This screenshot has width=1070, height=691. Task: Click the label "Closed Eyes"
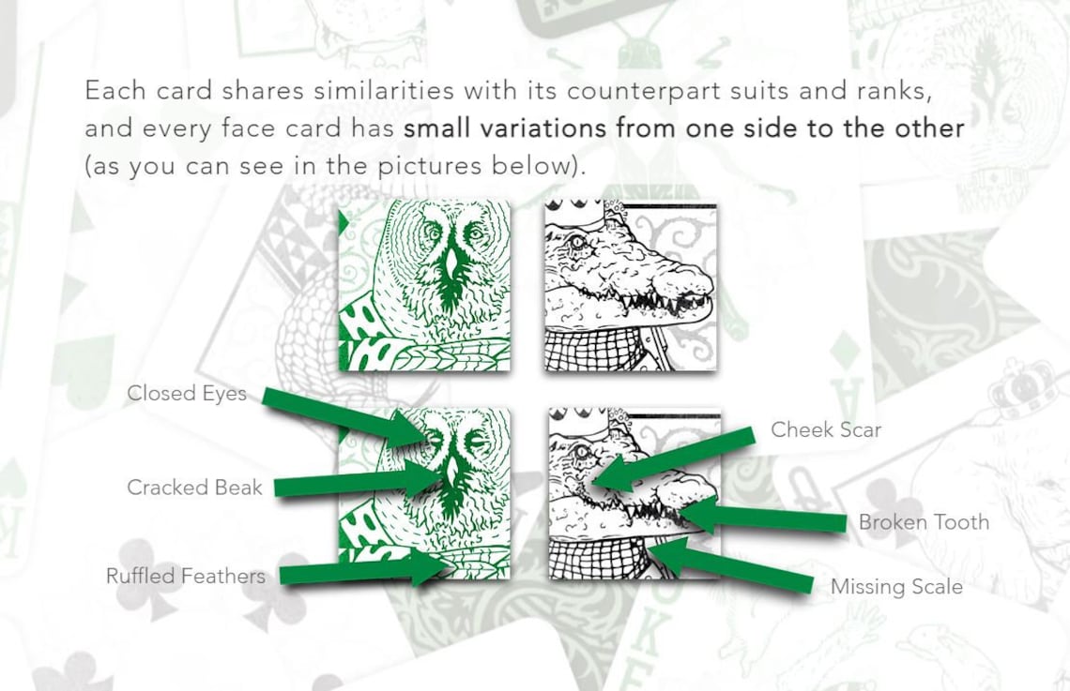[187, 394]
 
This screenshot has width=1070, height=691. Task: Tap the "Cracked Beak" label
[194, 488]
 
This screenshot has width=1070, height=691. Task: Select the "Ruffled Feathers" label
[185, 576]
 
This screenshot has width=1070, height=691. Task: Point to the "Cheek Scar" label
[826, 429]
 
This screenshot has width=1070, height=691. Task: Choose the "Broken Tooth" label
[924, 522]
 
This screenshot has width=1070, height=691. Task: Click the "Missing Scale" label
[896, 587]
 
